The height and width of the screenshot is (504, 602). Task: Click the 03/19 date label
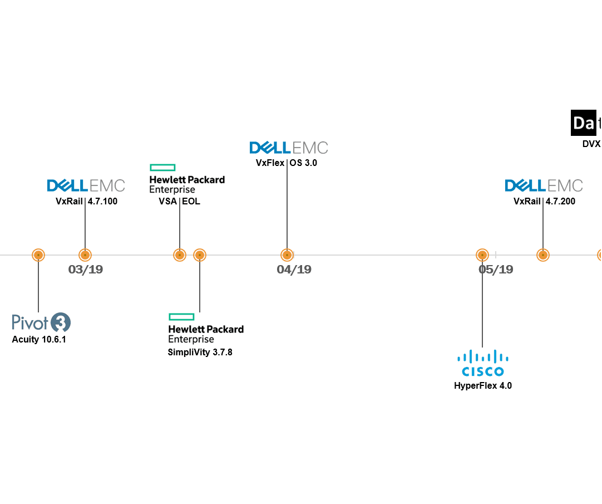click(x=86, y=270)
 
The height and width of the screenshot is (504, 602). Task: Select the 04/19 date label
click(x=294, y=270)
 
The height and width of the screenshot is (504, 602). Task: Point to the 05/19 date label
click(x=496, y=270)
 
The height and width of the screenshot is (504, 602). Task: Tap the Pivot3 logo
click(x=42, y=322)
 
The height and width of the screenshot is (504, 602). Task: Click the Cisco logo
click(x=482, y=364)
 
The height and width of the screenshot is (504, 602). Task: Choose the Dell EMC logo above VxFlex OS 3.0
click(x=289, y=148)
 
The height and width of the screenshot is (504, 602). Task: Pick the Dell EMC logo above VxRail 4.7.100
click(x=86, y=185)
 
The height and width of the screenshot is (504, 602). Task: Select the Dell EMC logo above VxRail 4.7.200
click(x=544, y=185)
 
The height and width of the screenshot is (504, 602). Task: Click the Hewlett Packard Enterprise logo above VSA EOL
click(x=187, y=179)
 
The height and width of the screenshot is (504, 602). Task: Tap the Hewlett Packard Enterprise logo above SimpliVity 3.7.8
click(x=206, y=328)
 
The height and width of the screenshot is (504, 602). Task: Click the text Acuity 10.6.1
click(x=39, y=340)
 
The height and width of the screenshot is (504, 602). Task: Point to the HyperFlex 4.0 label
click(x=482, y=385)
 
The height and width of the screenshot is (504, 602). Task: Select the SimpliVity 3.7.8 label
click(x=200, y=352)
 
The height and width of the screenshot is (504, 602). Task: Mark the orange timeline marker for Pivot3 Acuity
click(x=38, y=255)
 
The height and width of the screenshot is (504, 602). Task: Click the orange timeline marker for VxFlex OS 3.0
click(x=287, y=255)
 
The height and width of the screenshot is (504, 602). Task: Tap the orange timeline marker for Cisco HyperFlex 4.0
click(x=482, y=255)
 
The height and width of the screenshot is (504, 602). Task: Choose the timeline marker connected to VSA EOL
click(x=179, y=255)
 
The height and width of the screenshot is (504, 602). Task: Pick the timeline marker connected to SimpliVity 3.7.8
click(x=200, y=255)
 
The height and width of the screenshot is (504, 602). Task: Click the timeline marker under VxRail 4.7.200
click(x=542, y=255)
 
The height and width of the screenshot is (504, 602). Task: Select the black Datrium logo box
click(x=585, y=123)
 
